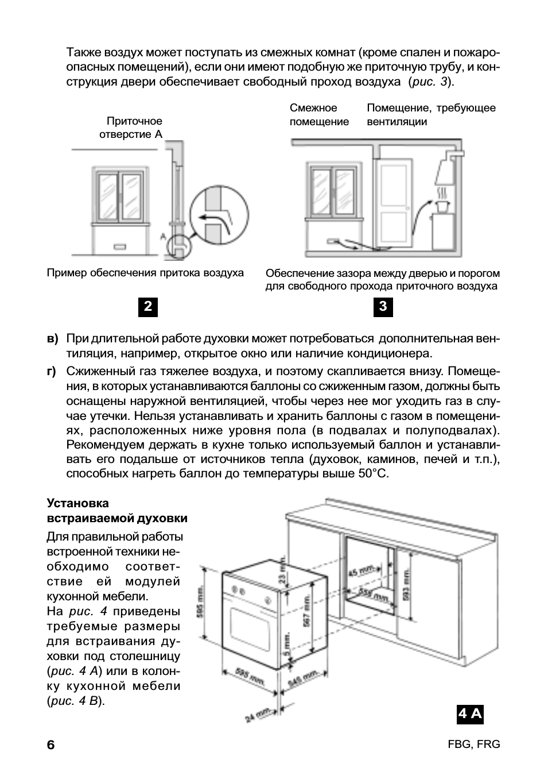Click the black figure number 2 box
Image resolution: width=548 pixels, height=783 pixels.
tap(148, 307)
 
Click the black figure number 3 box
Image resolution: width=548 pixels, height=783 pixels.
tap(383, 307)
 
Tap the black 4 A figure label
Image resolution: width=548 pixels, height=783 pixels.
tap(470, 714)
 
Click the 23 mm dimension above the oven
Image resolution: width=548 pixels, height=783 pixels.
tap(282, 575)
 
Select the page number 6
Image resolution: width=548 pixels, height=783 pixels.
tap(51, 745)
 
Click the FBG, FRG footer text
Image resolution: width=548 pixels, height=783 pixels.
tap(473, 745)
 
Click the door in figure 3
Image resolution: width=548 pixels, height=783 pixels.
tap(393, 204)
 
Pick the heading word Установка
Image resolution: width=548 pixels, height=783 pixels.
tap(77, 503)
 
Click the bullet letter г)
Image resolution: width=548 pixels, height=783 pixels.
tap(52, 371)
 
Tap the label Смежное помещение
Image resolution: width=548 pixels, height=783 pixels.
tap(319, 115)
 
